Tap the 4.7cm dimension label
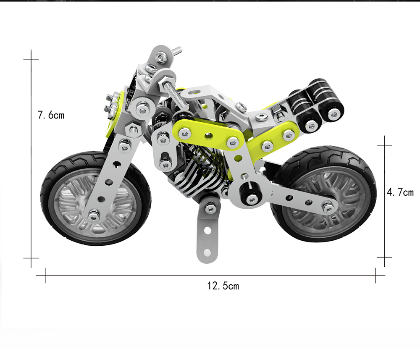click(x=400, y=192)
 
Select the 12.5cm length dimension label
click(x=223, y=286)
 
